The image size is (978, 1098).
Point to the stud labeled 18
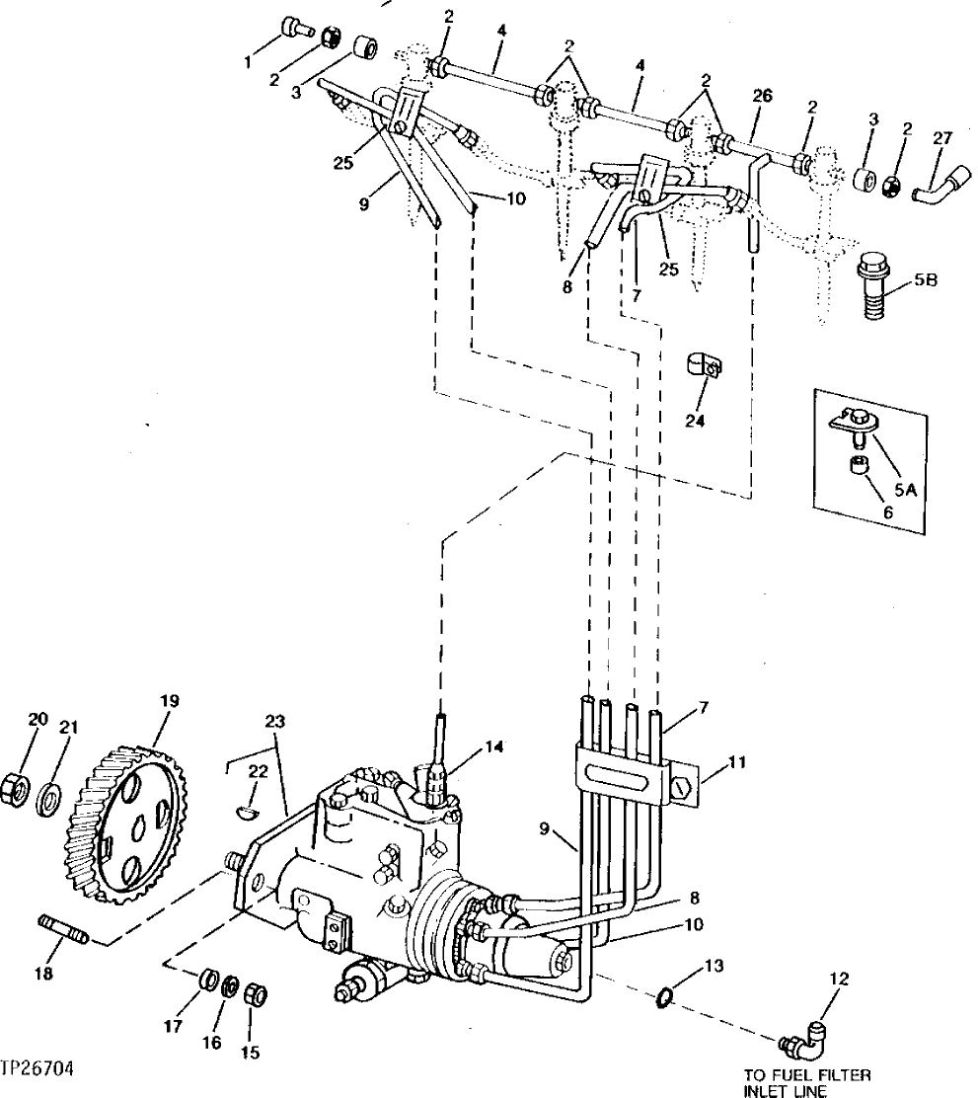(64, 929)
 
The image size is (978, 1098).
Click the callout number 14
(494, 748)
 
